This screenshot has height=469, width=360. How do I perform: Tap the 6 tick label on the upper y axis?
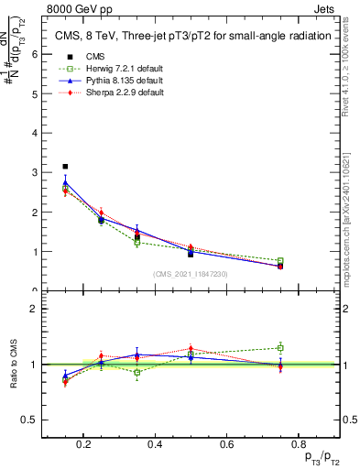click(x=34, y=53)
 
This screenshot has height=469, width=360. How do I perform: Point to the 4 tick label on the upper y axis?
click(x=34, y=133)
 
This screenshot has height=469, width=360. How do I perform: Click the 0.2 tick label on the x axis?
click(x=83, y=444)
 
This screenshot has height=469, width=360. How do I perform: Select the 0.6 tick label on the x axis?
click(x=226, y=444)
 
